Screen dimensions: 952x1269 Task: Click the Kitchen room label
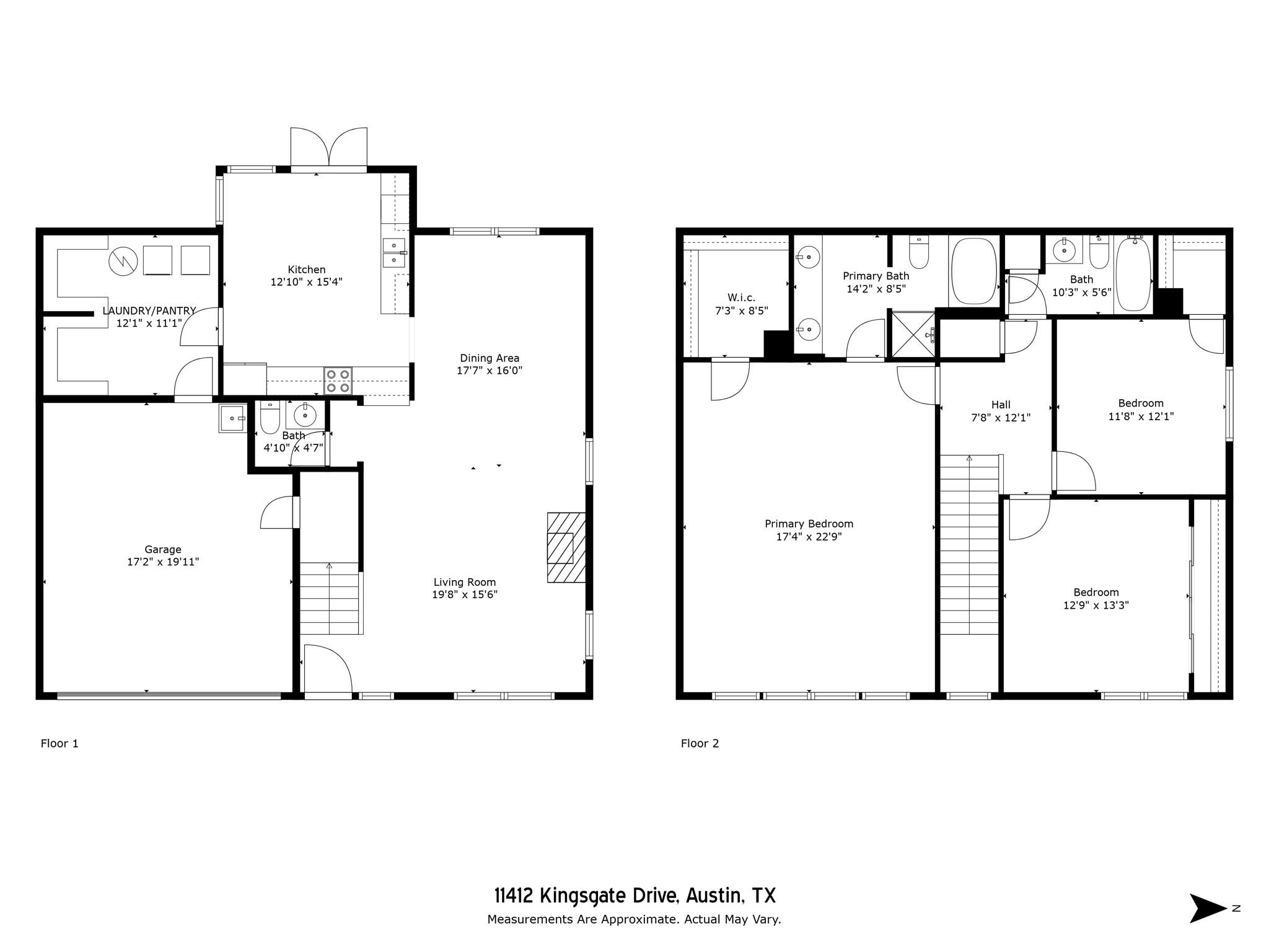[306, 270]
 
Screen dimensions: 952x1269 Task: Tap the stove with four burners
[338, 381]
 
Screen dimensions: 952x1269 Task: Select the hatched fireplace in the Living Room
[566, 547]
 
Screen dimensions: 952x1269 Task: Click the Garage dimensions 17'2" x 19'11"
[163, 562]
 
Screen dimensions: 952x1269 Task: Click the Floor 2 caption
[700, 743]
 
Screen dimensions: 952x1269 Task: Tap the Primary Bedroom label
[809, 524]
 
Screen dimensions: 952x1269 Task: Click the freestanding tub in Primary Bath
[973, 271]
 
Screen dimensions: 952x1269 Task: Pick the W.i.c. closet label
[741, 297]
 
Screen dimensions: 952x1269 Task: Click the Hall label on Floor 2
[1001, 405]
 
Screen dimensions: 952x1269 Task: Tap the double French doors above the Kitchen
[329, 148]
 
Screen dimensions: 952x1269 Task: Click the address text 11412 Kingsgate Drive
[634, 896]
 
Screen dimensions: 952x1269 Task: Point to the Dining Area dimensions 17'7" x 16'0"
[490, 371]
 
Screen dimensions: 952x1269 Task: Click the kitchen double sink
[393, 252]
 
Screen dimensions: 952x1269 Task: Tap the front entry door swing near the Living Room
[328, 669]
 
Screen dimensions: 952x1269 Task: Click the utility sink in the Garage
[232, 418]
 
